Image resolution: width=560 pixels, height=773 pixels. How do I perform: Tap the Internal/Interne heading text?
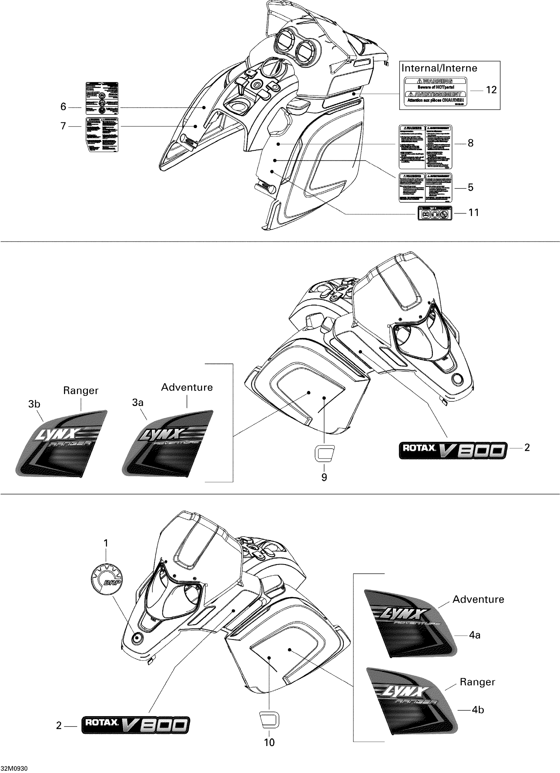point(439,68)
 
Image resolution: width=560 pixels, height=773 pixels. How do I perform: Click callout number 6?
point(63,107)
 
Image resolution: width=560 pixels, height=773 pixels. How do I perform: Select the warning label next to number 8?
point(425,147)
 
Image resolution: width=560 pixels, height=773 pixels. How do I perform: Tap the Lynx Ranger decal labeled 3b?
point(61,443)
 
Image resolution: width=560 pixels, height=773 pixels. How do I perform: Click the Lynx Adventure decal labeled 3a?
point(167,443)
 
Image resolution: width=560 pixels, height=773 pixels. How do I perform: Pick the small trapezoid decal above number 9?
point(324,453)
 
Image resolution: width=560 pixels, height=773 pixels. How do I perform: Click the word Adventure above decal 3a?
point(187,387)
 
